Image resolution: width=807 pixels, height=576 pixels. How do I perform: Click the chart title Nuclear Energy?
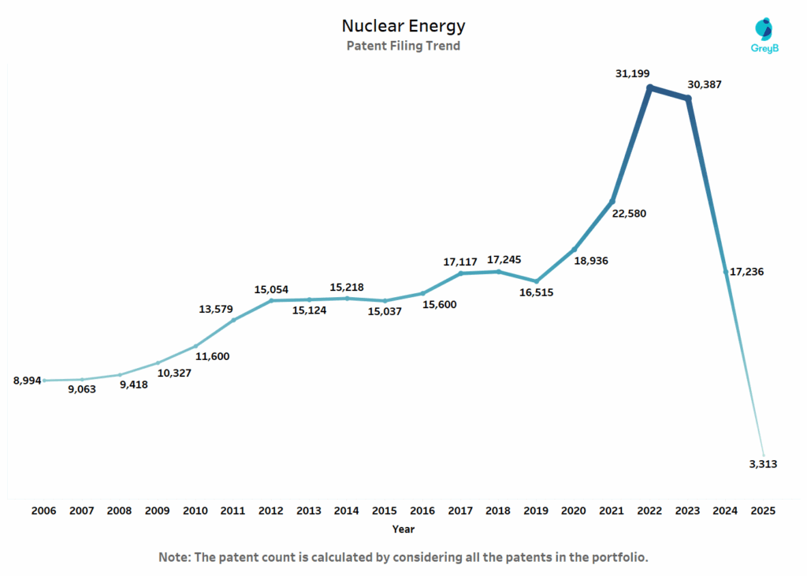pos(403,26)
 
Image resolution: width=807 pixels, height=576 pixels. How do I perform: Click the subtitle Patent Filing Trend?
pos(403,46)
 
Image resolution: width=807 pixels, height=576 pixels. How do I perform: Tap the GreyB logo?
pos(763,36)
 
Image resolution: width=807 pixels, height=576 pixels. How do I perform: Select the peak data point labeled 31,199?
pos(649,87)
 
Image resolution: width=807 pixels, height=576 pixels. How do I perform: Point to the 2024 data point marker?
pos(726,272)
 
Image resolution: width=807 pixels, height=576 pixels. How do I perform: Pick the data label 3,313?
pos(762,464)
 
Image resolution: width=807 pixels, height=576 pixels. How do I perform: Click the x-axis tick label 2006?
pos(44,511)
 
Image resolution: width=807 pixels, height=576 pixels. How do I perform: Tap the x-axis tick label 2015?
pos(385,511)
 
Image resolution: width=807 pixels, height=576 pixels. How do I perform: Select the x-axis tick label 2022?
pos(649,511)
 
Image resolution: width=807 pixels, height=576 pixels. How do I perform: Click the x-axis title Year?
pos(403,530)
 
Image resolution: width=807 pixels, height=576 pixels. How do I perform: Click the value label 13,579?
pos(218,309)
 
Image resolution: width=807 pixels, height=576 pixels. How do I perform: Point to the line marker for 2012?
pos(271,300)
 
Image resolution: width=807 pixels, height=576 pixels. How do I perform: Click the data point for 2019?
pos(536,281)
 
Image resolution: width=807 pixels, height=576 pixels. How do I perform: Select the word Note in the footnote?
pos(175,557)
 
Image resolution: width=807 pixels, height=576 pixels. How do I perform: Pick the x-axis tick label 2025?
pos(763,511)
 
